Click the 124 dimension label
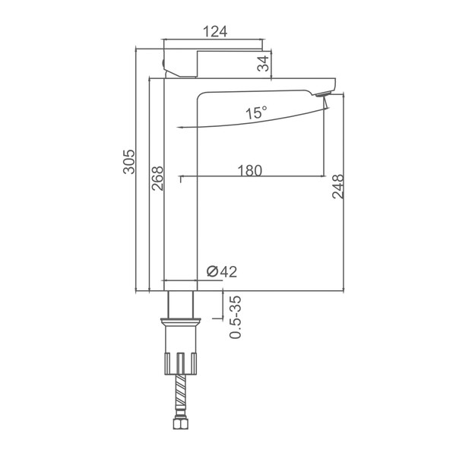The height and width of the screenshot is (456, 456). coord(215,31)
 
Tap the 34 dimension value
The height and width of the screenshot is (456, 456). coord(263,63)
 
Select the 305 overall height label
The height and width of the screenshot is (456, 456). coord(129,162)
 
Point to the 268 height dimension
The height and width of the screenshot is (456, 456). coord(157,179)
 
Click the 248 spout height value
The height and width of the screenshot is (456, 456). coord(337,186)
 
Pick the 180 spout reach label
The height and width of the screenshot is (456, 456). coord(250,170)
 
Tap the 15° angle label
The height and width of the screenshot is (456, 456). coord(256,112)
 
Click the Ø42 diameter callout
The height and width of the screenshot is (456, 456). coord(222,271)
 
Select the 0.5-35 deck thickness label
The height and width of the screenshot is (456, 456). coord(236,317)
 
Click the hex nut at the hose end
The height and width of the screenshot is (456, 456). coord(181,423)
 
